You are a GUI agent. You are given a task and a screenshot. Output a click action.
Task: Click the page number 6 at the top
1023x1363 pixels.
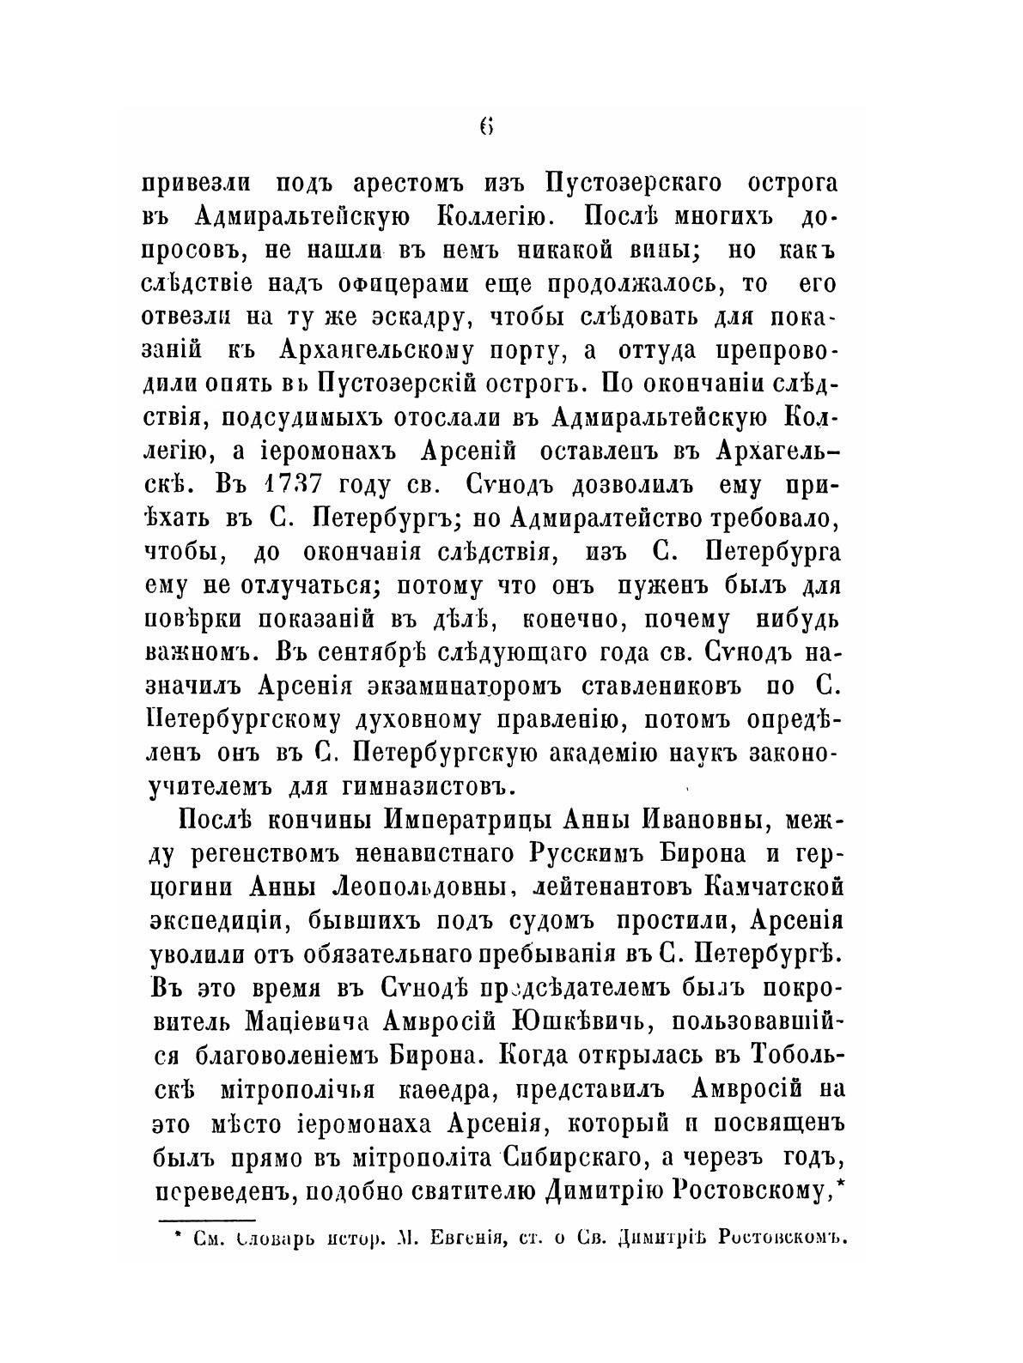[x=486, y=126]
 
